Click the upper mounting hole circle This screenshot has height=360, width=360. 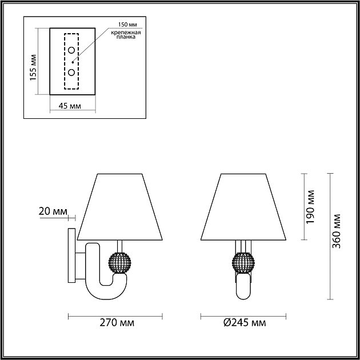[72, 51]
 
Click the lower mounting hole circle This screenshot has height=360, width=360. [72, 72]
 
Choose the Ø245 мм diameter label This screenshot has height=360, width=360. [245, 323]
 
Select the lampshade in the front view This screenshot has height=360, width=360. [243, 206]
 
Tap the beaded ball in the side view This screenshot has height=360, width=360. [119, 261]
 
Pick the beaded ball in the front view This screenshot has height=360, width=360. [243, 261]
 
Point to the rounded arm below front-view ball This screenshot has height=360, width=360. [243, 289]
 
